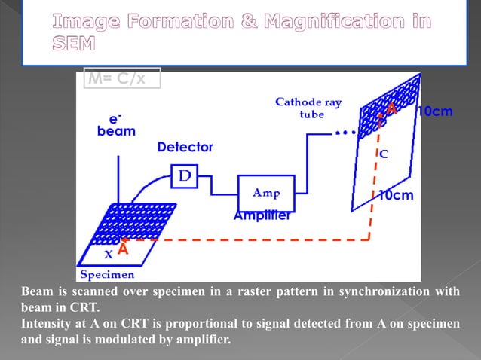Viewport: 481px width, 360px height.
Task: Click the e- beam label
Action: [116, 125]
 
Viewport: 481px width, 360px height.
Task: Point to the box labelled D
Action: [184, 176]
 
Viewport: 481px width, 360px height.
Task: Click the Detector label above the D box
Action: [185, 148]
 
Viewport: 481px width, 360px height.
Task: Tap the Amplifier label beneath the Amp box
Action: [262, 215]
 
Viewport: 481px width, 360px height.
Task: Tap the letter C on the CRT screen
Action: [383, 154]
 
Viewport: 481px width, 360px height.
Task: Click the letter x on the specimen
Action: [108, 253]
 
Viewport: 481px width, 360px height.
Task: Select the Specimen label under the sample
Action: [108, 273]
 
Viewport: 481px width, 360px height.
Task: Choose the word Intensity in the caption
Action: [48, 323]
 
